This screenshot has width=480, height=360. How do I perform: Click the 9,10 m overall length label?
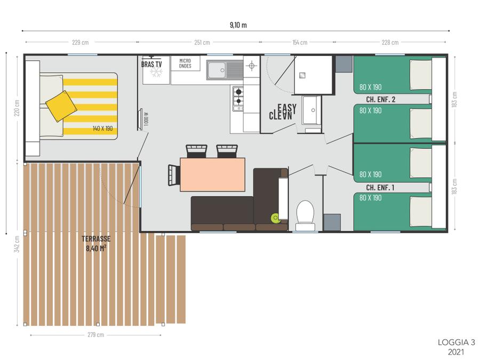[x=238, y=25]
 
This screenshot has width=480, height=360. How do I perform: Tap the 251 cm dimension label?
[x=202, y=42]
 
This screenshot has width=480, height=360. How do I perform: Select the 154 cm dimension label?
[x=300, y=42]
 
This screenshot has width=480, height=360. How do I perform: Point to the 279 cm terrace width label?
[x=95, y=335]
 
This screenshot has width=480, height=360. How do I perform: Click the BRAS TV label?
[x=151, y=65]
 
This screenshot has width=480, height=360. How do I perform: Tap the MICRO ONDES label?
[x=185, y=63]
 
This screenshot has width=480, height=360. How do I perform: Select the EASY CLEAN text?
[x=283, y=112]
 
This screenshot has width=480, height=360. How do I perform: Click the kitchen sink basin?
[x=217, y=70]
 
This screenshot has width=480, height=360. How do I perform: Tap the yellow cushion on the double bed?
[x=61, y=106]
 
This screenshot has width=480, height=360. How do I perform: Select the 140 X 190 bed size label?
[x=102, y=129]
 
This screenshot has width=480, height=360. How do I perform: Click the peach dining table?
[x=212, y=174]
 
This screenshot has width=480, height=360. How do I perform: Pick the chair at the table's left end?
[x=174, y=175]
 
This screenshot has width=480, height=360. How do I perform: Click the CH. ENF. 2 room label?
[x=380, y=99]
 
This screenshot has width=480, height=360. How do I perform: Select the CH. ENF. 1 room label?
[x=380, y=187]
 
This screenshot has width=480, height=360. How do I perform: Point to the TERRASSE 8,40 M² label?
[x=96, y=244]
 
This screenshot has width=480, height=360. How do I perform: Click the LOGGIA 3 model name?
[x=456, y=342]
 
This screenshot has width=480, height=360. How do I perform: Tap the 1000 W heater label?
[x=146, y=119]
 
